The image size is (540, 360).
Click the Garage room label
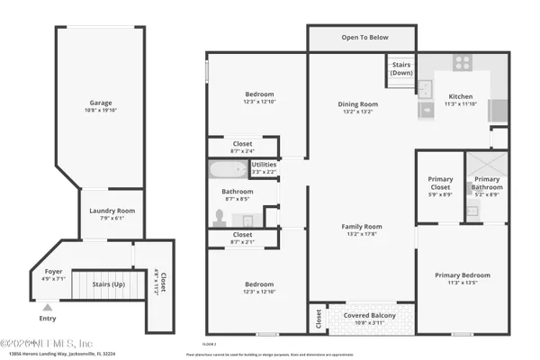tap(101, 103)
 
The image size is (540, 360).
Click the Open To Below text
tap(362, 38)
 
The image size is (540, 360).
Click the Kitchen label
tap(460, 96)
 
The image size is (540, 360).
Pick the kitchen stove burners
tap(462, 63)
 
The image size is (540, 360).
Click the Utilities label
tap(264, 165)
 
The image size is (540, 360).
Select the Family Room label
tap(362, 227)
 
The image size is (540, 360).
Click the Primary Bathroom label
tap(487, 183)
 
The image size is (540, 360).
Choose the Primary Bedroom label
tap(463, 275)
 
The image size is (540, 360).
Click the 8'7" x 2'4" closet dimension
tap(242, 150)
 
